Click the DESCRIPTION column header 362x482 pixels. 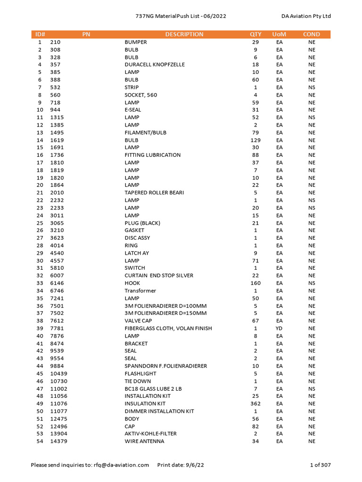(x=184, y=34)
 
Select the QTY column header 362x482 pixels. (x=255, y=34)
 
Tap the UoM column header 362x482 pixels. (x=279, y=34)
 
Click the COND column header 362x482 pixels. (x=312, y=34)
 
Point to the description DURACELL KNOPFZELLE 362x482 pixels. (x=155, y=64)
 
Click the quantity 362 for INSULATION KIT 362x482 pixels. (x=255, y=403)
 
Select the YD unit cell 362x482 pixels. (x=280, y=328)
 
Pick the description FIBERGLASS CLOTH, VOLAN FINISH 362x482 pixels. (x=168, y=328)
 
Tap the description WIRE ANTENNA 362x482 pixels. (x=145, y=441)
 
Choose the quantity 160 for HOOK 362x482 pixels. (x=255, y=283)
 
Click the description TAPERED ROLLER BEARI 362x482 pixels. (x=154, y=193)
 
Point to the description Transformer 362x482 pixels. (x=140, y=290)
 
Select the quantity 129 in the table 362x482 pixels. (x=255, y=140)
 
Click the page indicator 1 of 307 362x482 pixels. (x=321, y=465)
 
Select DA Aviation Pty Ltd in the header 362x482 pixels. (x=306, y=16)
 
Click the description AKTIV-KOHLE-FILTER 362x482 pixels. (x=151, y=434)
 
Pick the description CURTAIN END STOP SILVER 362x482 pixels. (x=159, y=275)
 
